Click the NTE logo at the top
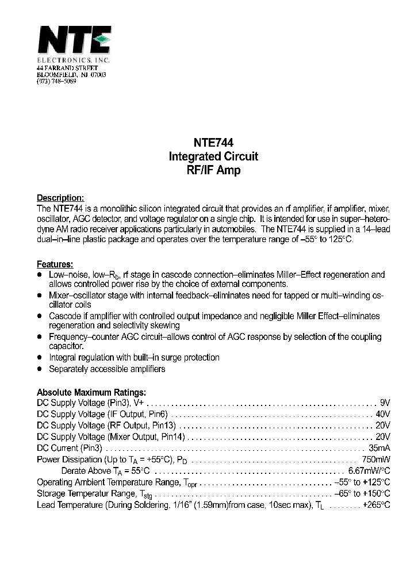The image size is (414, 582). click(x=73, y=41)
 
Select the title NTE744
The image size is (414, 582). click(x=213, y=143)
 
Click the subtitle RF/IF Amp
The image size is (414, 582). click(x=213, y=170)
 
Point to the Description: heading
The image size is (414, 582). click(x=60, y=198)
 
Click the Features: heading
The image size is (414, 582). click(x=55, y=265)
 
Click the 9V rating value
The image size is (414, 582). click(x=385, y=403)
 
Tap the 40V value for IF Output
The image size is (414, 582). click(x=382, y=414)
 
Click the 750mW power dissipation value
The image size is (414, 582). click(x=375, y=460)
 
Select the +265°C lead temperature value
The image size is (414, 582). click(x=376, y=504)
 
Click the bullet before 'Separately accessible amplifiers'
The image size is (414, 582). click(x=40, y=369)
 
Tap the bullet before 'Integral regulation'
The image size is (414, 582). click(x=40, y=357)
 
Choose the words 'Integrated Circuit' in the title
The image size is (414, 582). click(x=213, y=156)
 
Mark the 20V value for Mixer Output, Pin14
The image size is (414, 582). click(x=382, y=437)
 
